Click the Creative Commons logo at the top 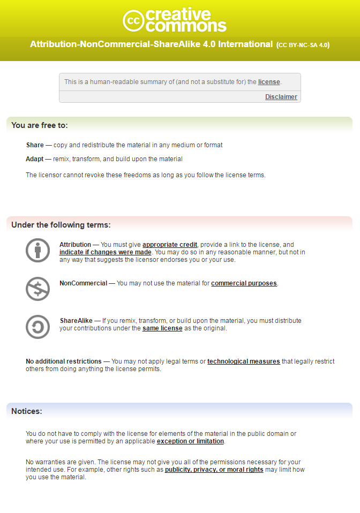click(x=175, y=20)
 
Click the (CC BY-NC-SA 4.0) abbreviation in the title click(x=303, y=45)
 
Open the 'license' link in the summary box click(x=269, y=82)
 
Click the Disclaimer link click(x=281, y=97)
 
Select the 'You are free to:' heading click(x=40, y=125)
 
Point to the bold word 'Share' click(x=35, y=145)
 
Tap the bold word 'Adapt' click(x=35, y=159)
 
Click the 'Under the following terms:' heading click(x=61, y=225)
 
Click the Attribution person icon click(x=37, y=250)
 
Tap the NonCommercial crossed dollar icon click(x=37, y=289)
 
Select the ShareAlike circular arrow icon click(x=37, y=327)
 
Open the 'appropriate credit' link click(x=170, y=245)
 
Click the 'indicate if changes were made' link click(x=106, y=252)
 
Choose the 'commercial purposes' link click(x=244, y=283)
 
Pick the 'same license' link click(x=162, y=328)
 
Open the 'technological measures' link click(x=244, y=361)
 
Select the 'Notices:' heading click(x=27, y=411)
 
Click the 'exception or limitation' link click(x=190, y=441)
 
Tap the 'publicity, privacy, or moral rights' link click(x=214, y=470)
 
